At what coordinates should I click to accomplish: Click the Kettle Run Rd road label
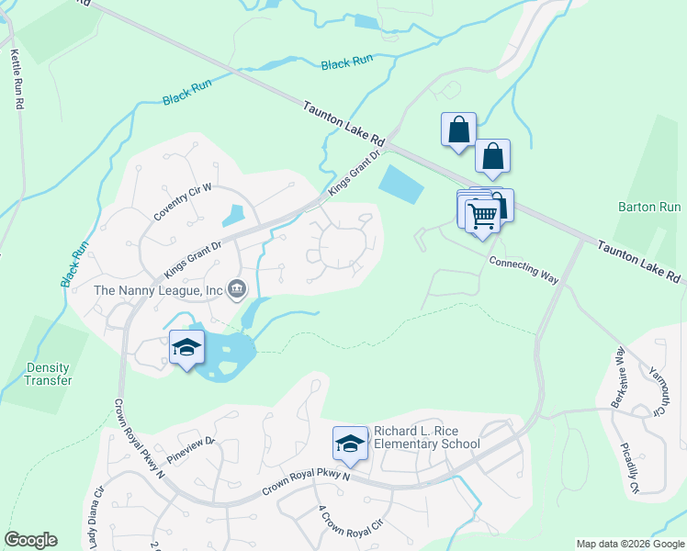tap(16, 80)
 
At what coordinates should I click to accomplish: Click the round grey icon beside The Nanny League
tap(236, 290)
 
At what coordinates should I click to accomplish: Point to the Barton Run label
tap(648, 208)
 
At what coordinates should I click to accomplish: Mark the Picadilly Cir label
tap(631, 468)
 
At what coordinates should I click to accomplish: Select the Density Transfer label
tap(48, 374)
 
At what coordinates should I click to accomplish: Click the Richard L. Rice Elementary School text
tap(426, 437)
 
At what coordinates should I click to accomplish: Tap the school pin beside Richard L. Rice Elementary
tap(349, 444)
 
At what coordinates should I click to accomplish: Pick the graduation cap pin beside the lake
tap(186, 347)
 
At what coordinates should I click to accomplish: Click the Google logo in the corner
tap(30, 540)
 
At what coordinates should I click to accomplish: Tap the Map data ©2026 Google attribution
tap(630, 544)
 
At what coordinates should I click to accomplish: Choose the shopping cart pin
tap(482, 217)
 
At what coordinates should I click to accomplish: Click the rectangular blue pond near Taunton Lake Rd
tap(402, 185)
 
